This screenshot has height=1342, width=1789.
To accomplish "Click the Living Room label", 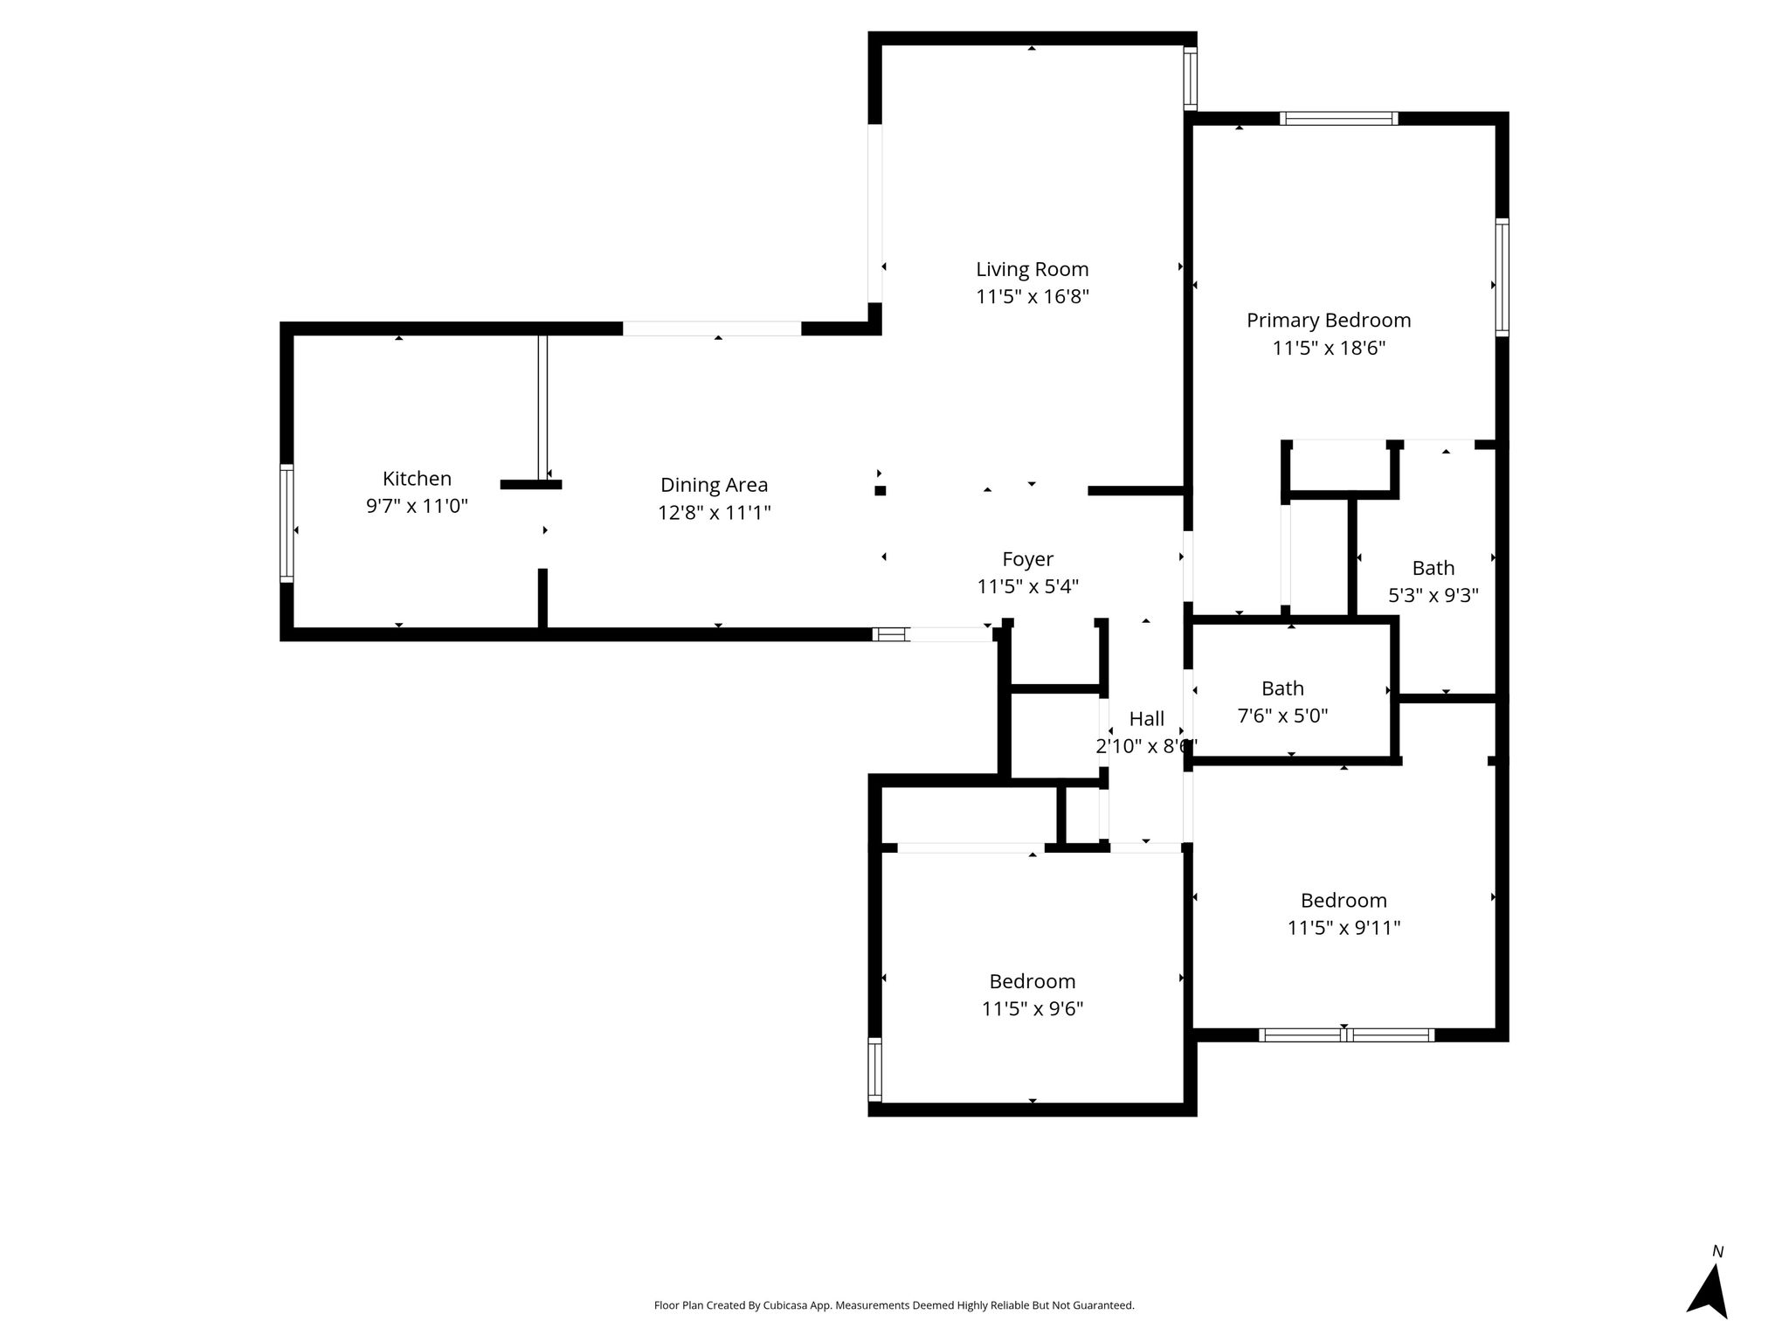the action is click(1033, 269).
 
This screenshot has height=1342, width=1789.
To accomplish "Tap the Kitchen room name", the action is click(417, 479).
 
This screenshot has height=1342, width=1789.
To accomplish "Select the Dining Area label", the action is click(715, 485).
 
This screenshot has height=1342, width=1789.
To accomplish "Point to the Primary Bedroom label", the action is click(1329, 321).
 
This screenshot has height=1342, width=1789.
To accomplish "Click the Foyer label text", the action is click(1027, 559).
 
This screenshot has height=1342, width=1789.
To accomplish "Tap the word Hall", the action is click(1147, 719).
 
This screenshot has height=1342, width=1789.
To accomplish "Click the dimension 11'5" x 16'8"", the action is click(1033, 297).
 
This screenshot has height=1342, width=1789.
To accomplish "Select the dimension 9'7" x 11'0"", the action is click(417, 506).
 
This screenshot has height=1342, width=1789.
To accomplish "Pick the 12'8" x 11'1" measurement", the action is click(715, 512).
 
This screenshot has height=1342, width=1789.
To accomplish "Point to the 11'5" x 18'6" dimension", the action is click(1329, 348).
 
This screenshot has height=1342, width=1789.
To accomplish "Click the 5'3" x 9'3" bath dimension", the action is click(1433, 596).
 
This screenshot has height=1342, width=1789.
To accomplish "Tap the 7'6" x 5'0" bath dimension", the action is click(1282, 716).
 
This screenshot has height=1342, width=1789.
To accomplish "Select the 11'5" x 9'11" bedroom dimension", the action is click(1343, 928).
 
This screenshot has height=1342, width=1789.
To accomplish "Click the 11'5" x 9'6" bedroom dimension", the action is click(1033, 1009).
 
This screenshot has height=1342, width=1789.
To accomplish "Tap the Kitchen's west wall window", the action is click(287, 523).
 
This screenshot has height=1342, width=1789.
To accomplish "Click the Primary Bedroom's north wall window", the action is click(1338, 119).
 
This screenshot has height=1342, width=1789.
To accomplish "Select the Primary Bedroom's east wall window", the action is click(1502, 277).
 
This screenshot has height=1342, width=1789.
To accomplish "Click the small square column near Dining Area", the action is click(881, 491).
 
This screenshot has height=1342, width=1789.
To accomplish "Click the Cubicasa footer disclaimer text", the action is click(894, 1305).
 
